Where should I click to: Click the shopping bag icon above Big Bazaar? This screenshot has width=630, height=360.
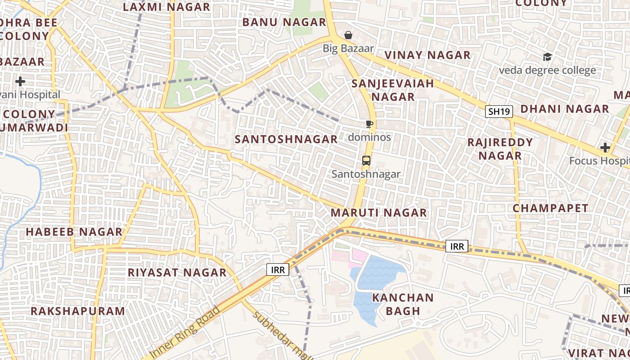coord(348,35)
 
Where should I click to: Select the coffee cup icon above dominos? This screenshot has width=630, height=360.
coord(369,124)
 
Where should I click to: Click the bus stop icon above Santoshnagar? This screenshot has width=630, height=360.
coord(366,161)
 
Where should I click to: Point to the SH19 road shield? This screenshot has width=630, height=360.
coord(499,112)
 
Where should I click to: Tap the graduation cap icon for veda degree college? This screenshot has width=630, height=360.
coord(547,57)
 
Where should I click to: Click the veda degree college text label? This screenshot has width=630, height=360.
coord(547,70)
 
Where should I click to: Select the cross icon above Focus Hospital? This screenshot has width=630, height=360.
coord(605,148)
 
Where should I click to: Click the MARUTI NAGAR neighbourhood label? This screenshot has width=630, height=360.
coord(379,213)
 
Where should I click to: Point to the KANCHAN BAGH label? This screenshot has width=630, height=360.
coord(403,304)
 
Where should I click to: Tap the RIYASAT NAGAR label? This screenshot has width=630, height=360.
coord(177,273)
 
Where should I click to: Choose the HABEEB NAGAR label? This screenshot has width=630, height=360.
coord(74,232)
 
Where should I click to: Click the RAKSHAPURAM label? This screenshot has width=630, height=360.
coord(78,311)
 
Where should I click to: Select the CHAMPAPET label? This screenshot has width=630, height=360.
coord(550,208)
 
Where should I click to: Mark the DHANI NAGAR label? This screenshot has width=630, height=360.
coord(565,109)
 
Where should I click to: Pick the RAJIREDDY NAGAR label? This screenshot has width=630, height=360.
coord(500,149)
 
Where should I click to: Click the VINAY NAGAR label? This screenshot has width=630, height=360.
coord(427,55)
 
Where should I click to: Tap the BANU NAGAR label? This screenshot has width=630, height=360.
coord(284,22)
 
